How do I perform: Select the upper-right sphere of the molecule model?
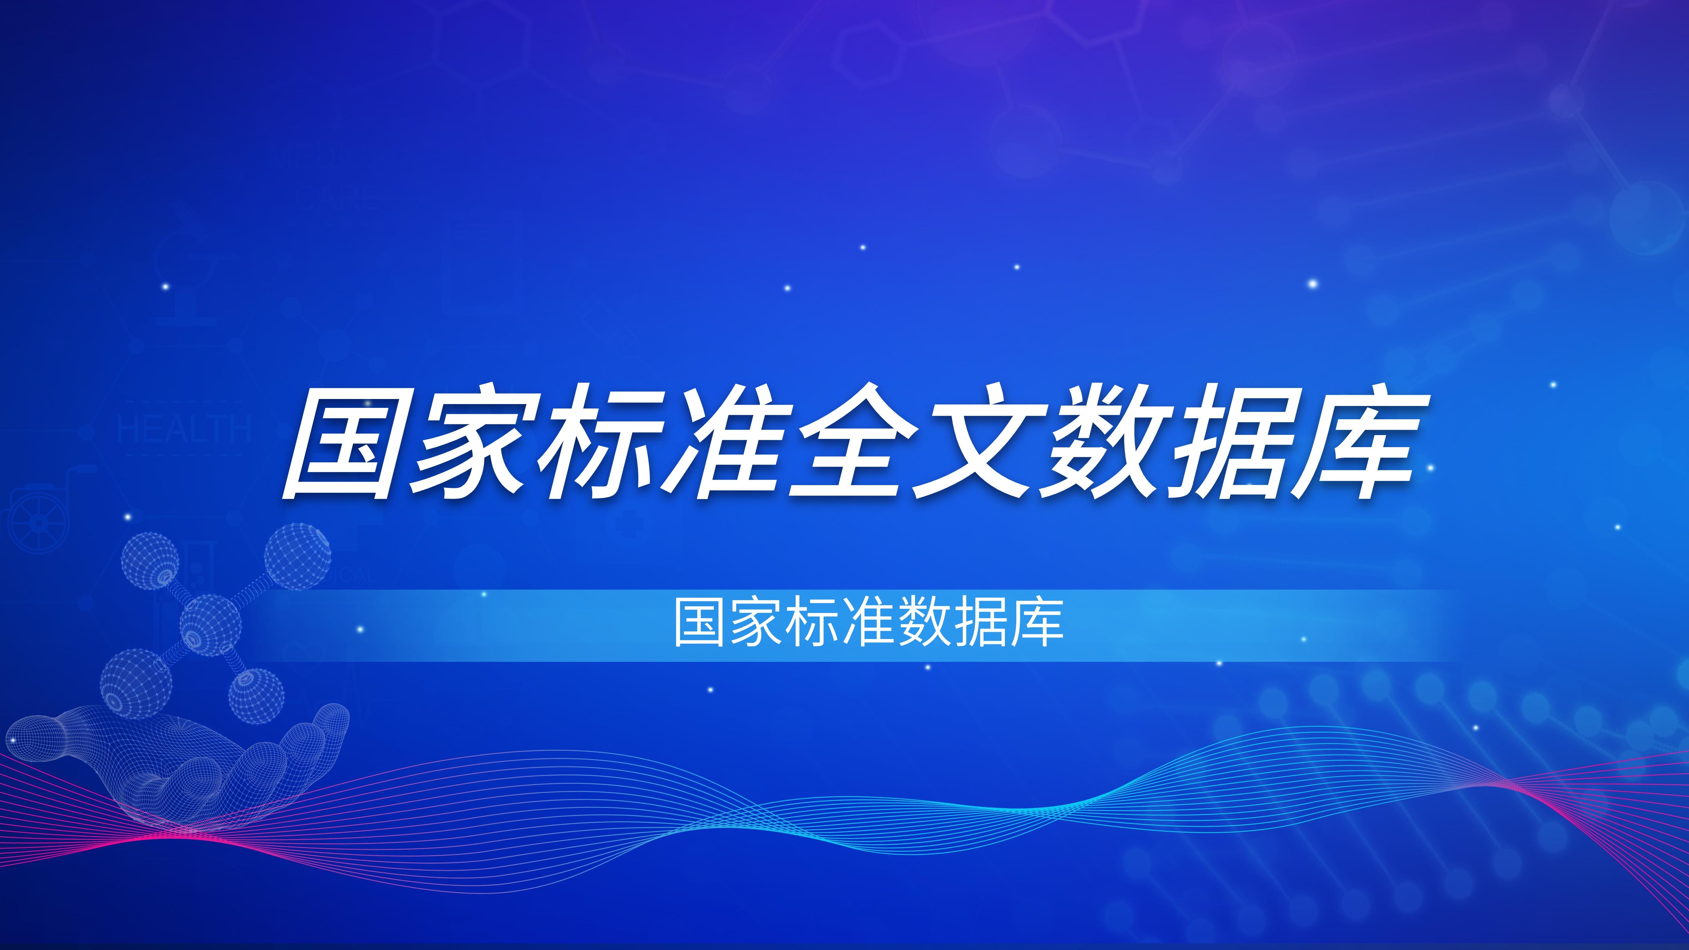(x=297, y=556)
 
